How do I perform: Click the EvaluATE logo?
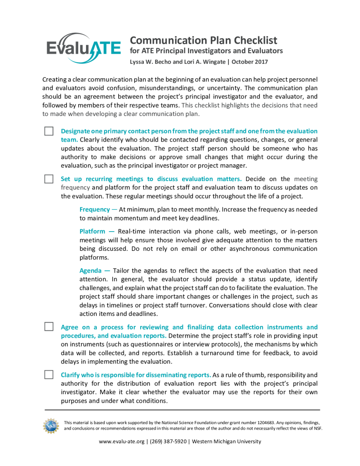click(x=83, y=48)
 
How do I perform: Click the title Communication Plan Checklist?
click(x=203, y=40)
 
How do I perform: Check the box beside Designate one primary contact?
click(x=49, y=131)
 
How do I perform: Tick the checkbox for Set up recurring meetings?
click(x=49, y=179)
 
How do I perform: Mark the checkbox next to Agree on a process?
click(x=49, y=327)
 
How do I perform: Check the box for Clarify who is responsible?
click(x=49, y=375)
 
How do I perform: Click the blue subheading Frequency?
click(x=95, y=209)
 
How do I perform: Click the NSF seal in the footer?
click(x=51, y=425)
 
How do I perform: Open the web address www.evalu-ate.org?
click(x=122, y=441)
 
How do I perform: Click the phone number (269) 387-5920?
click(x=167, y=441)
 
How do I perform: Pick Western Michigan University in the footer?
click(x=227, y=441)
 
